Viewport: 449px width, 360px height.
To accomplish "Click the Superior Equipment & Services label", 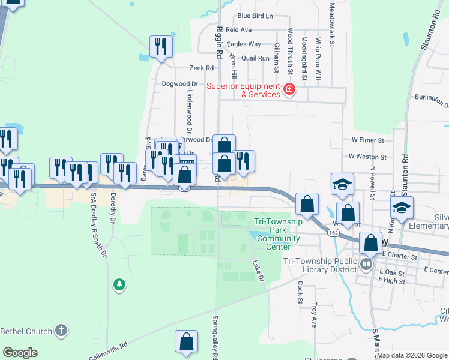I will pos(243,90).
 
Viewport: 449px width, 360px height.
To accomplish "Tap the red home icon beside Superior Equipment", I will pos(289,90).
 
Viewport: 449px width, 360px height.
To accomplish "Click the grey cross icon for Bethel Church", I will pos(61,330).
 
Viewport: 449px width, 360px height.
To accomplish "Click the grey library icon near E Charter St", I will pos(366,263).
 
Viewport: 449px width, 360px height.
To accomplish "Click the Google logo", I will pos(20,353).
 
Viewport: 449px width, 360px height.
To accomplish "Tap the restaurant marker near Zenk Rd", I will pos(161,47).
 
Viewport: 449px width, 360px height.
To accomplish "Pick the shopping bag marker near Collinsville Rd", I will pos(187,342).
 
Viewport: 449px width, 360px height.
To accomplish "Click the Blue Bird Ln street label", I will pos(255,16).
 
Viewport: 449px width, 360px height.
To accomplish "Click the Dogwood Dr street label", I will pos(179,84).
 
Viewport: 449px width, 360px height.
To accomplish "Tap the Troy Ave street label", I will pos(313,314).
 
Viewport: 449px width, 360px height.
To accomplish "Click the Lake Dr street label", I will pos(258,271).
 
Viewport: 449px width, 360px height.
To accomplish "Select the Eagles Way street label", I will pos(244,44).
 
